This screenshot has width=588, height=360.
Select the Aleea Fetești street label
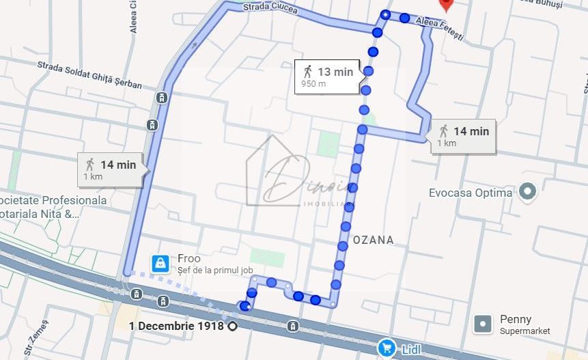point(440,29)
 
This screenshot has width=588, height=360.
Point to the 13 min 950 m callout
point(328,77)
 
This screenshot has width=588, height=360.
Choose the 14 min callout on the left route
point(110,169)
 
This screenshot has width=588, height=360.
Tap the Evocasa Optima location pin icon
point(527,192)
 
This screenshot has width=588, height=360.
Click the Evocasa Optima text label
point(471,193)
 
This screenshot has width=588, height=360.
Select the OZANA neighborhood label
point(374,240)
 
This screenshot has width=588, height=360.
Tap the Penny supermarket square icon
point(483,324)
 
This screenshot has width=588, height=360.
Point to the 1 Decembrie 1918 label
point(177,326)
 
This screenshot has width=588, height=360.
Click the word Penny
point(516,320)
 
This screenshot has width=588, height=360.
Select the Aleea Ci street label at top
point(134,16)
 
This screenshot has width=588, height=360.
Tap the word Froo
point(189,259)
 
